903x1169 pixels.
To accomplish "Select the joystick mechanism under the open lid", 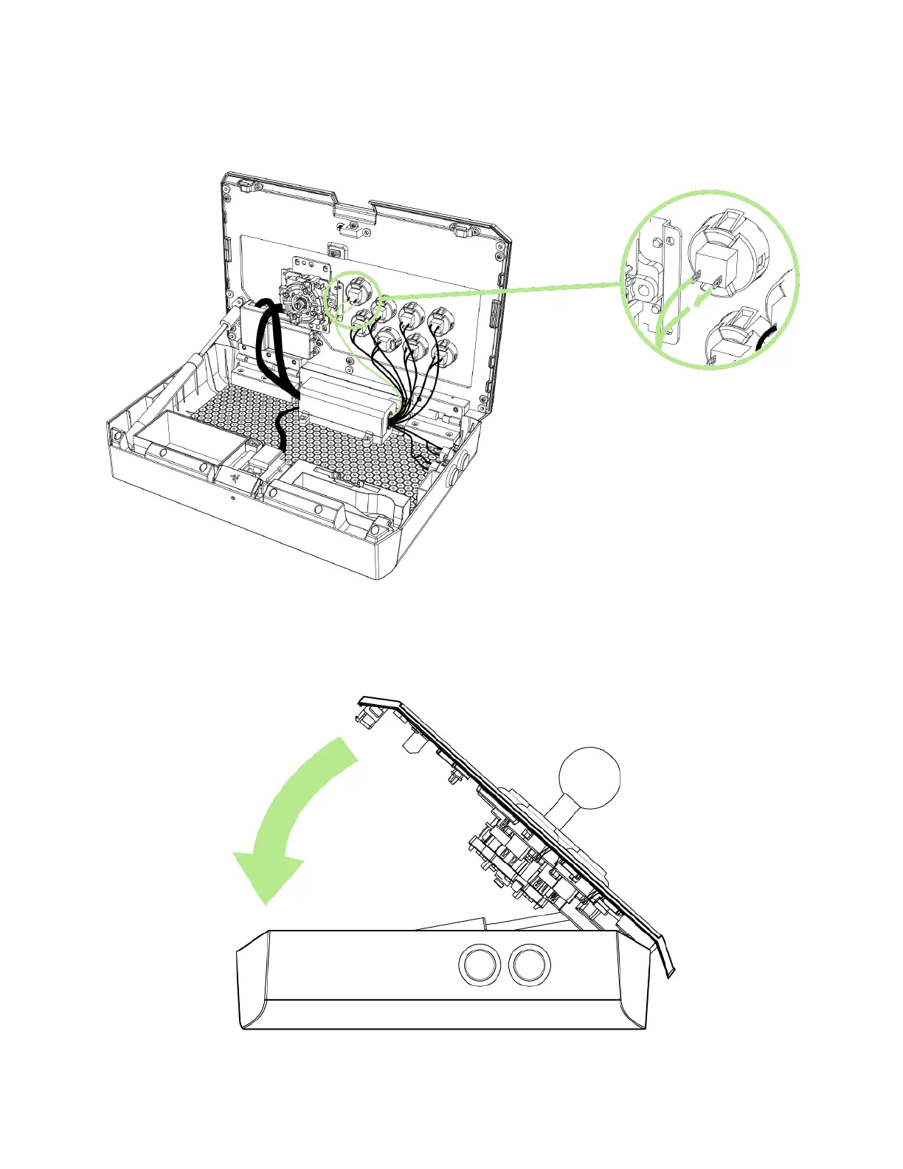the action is click(300, 303).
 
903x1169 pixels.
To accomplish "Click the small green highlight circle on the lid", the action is click(353, 298).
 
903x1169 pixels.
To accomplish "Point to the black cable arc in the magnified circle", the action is click(767, 340).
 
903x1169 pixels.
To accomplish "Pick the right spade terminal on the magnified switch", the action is click(718, 281).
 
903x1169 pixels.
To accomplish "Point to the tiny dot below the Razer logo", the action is click(233, 499).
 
